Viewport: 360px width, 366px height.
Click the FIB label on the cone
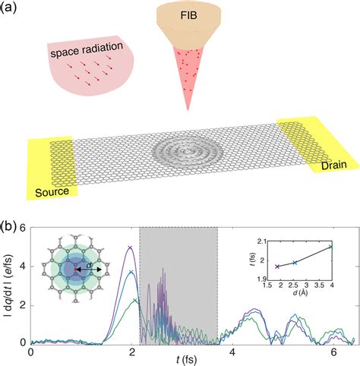click(x=176, y=14)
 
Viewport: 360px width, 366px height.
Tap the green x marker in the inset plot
click(x=330, y=246)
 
